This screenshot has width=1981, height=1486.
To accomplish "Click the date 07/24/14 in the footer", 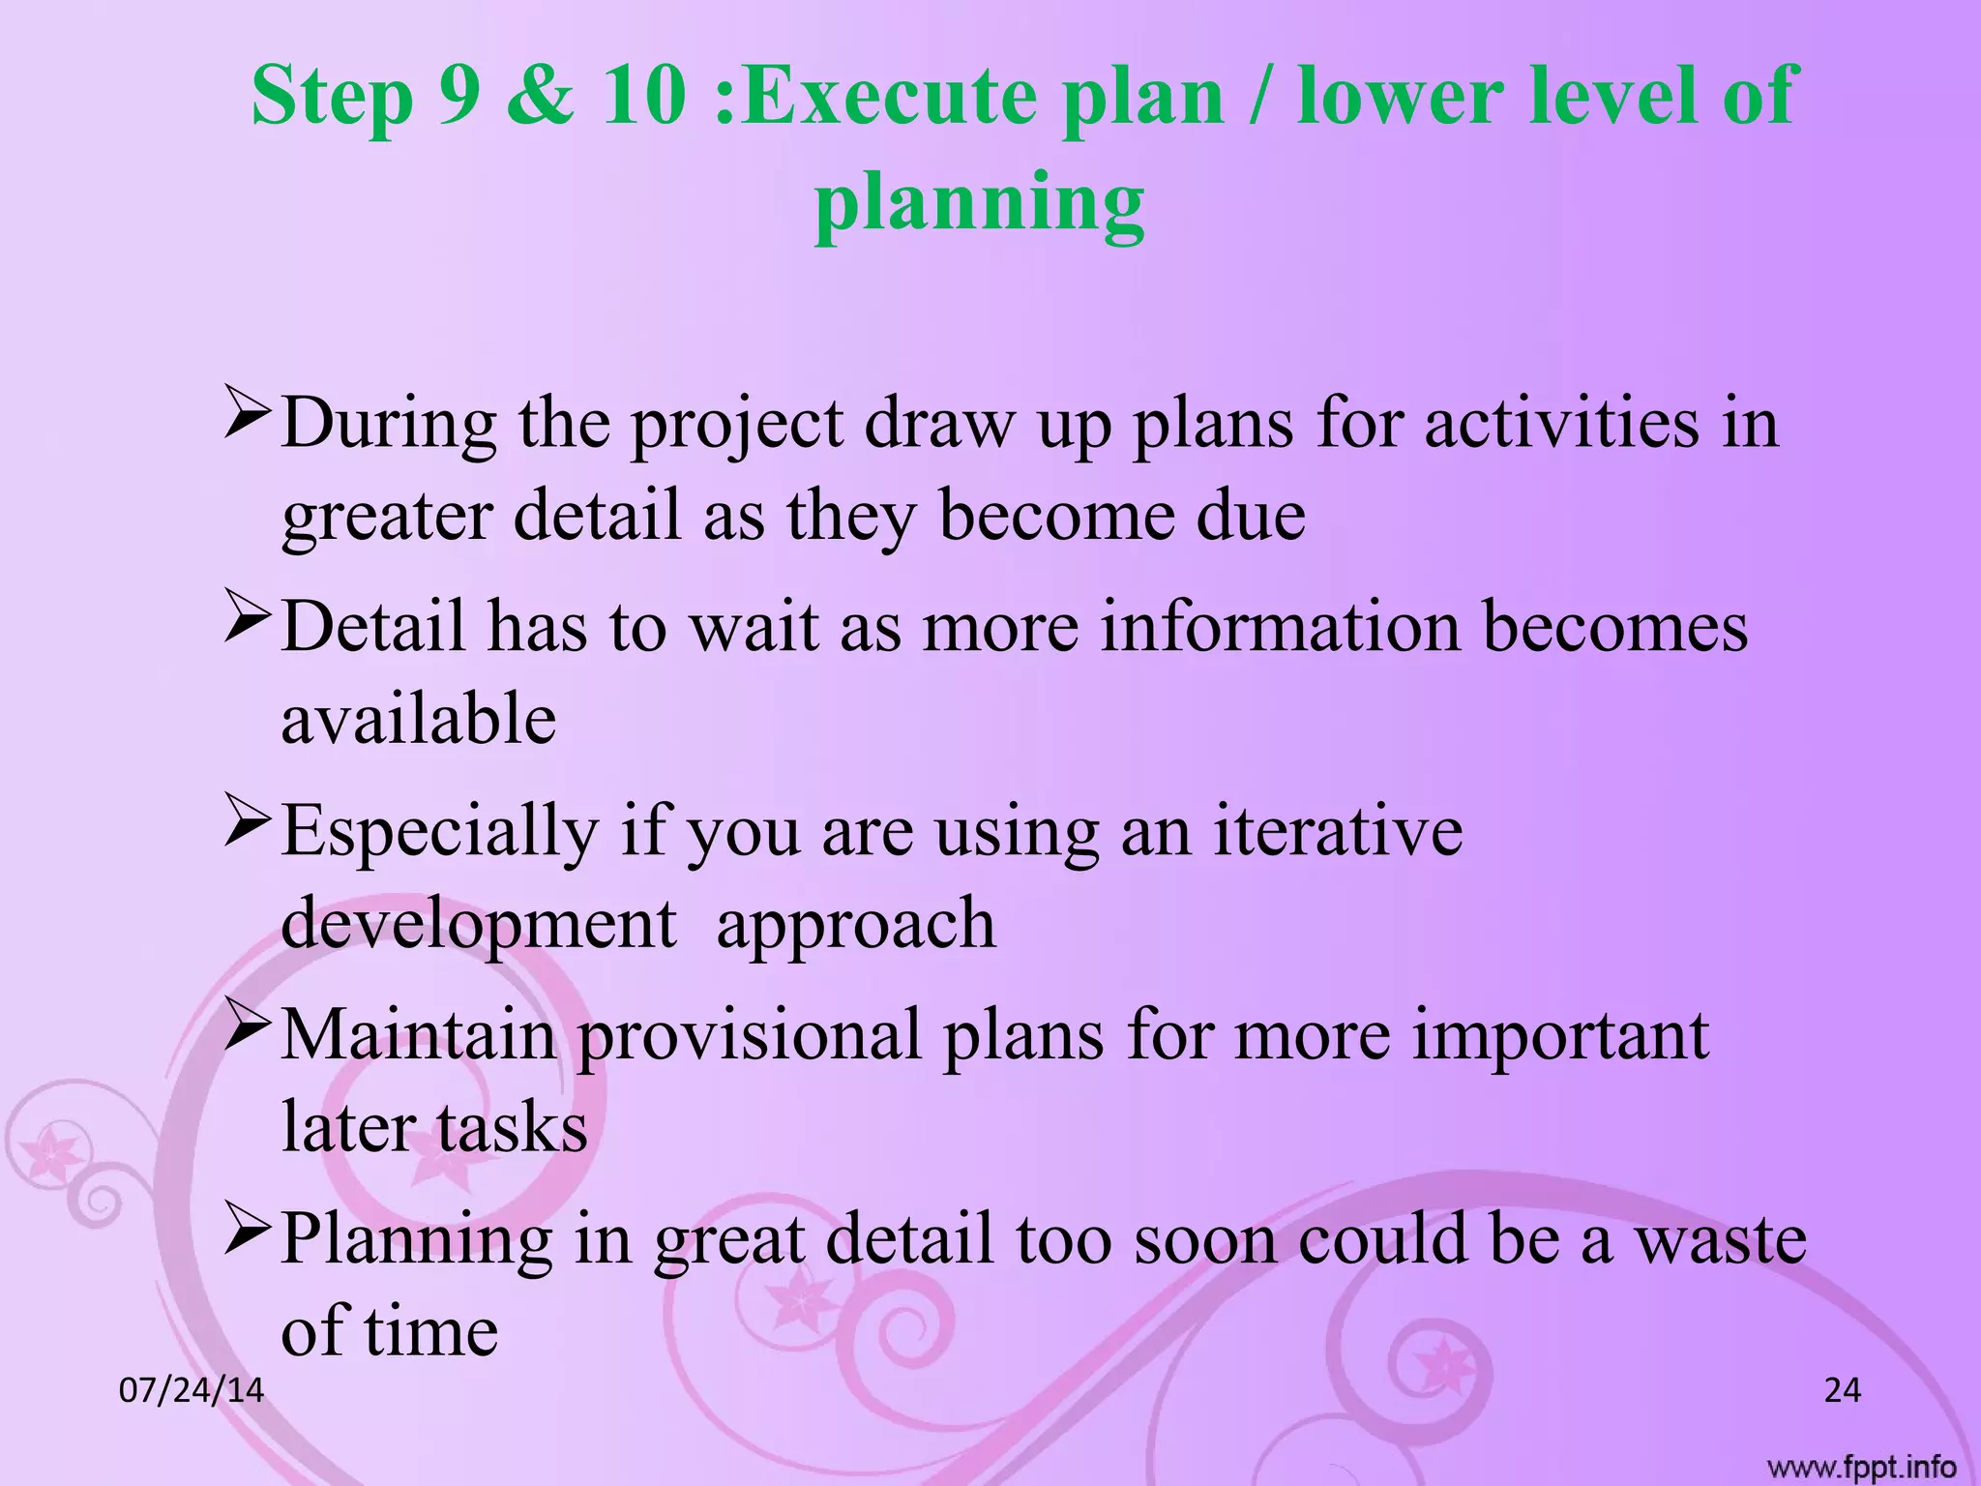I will (192, 1391).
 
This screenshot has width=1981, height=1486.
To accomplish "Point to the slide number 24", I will (1842, 1391).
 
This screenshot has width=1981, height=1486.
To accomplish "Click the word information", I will (1280, 627).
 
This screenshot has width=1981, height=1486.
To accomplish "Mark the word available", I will (419, 719).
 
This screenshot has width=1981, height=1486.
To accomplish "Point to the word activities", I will (1561, 424).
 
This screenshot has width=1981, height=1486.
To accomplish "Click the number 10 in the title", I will (643, 97).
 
